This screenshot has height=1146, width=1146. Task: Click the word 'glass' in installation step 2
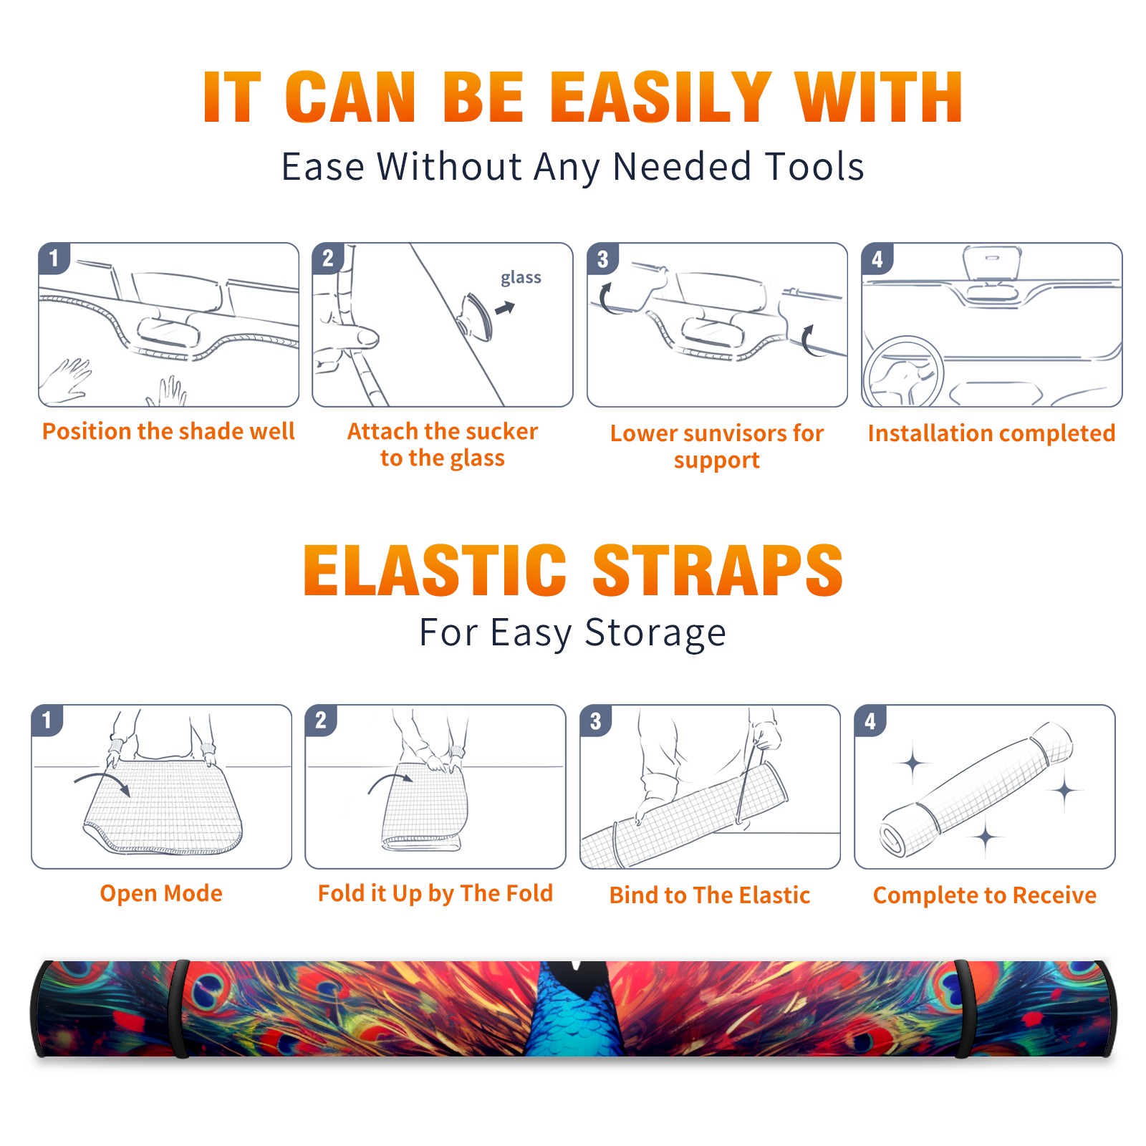[x=521, y=277]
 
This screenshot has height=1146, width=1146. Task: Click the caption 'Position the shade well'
[x=168, y=431]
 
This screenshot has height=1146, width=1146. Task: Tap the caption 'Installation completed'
[x=991, y=433]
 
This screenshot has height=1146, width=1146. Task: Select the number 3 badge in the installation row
[x=602, y=259]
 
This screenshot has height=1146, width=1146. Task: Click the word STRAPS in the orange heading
[x=718, y=570]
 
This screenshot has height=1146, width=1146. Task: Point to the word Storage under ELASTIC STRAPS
[x=655, y=633]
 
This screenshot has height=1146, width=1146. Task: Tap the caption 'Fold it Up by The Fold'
[x=435, y=893]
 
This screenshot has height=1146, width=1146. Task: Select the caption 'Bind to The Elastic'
[x=710, y=895]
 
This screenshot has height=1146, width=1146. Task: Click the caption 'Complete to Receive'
[x=985, y=895]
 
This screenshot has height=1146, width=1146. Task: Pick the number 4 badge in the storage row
[x=870, y=721]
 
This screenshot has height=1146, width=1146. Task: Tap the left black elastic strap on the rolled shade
[x=180, y=1009]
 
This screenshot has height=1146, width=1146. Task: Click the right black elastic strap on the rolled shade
[x=963, y=1009]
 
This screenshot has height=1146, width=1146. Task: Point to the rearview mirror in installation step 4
[x=991, y=263]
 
